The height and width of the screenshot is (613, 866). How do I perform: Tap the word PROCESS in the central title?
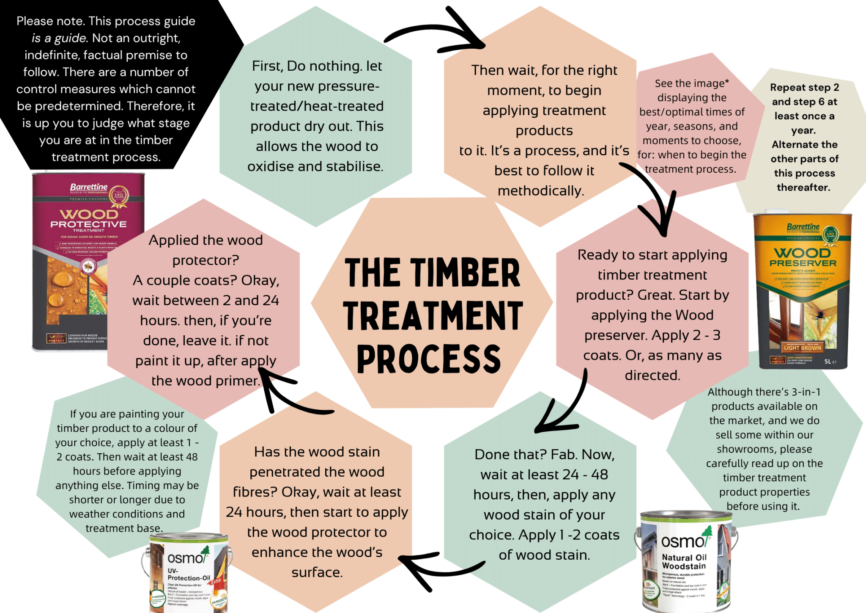click(x=429, y=359)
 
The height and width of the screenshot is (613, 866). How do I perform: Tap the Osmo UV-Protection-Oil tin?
click(x=188, y=574)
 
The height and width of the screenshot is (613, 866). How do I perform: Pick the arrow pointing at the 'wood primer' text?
click(x=288, y=394)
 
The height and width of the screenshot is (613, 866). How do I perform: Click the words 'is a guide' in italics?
click(x=59, y=38)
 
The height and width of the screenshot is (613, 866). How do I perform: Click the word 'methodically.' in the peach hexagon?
click(x=541, y=191)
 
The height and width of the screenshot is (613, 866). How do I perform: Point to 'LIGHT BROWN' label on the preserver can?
click(x=802, y=348)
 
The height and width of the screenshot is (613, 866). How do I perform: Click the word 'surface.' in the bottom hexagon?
click(x=317, y=572)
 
